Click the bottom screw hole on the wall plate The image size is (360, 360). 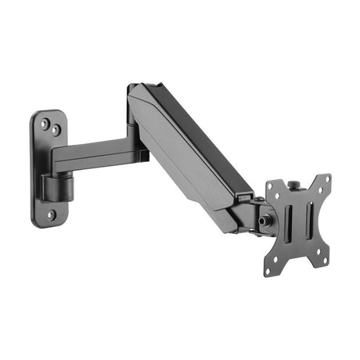tap(51, 214)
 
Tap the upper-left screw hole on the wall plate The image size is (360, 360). tap(45, 122)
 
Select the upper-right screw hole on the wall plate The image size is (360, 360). tap(56, 127)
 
